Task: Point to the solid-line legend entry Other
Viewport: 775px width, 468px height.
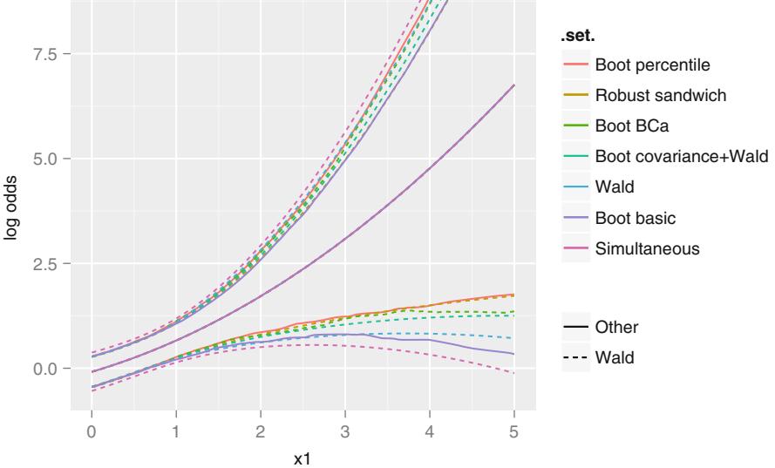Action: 616,328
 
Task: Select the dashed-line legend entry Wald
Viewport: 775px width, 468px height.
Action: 615,356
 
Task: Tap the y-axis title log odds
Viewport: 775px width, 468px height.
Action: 13,207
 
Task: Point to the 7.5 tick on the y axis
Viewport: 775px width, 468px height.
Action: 46,53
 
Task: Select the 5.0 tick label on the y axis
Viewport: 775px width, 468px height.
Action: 46,159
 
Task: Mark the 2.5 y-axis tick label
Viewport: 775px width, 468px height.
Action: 46,263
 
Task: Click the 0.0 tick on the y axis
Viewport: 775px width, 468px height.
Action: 46,369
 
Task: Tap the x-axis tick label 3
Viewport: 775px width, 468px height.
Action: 345,429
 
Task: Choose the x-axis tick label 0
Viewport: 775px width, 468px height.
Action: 92,429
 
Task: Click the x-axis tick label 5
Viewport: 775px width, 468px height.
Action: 514,429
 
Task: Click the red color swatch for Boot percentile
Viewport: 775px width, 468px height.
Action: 574,64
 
